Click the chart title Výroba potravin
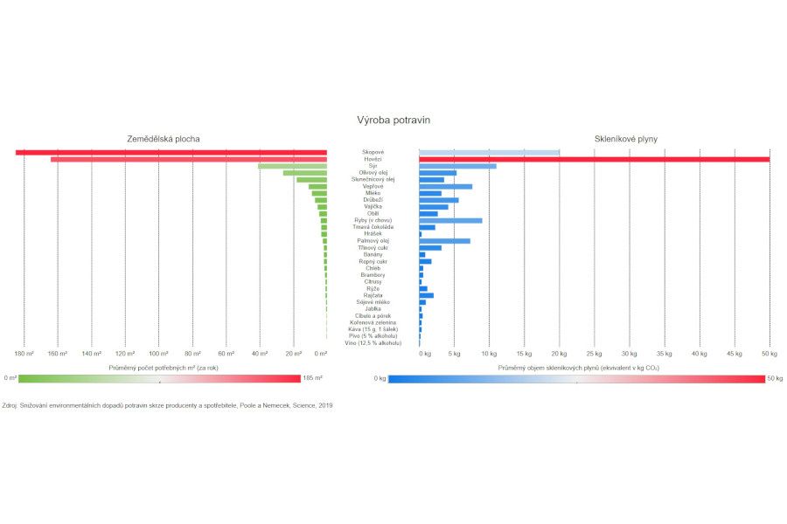click(393, 120)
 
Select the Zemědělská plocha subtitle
click(163, 139)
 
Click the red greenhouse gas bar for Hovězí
click(594, 159)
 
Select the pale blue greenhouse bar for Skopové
click(489, 153)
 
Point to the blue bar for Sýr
click(457, 166)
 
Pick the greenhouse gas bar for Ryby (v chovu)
click(450, 220)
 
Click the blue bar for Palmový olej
click(444, 241)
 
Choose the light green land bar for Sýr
click(292, 166)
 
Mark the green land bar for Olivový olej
click(304, 173)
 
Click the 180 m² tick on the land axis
click(24, 354)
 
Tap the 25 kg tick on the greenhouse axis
click(595, 354)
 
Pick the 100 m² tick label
click(158, 354)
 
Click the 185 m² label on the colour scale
click(313, 378)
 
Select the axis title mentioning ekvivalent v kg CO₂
click(578, 369)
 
